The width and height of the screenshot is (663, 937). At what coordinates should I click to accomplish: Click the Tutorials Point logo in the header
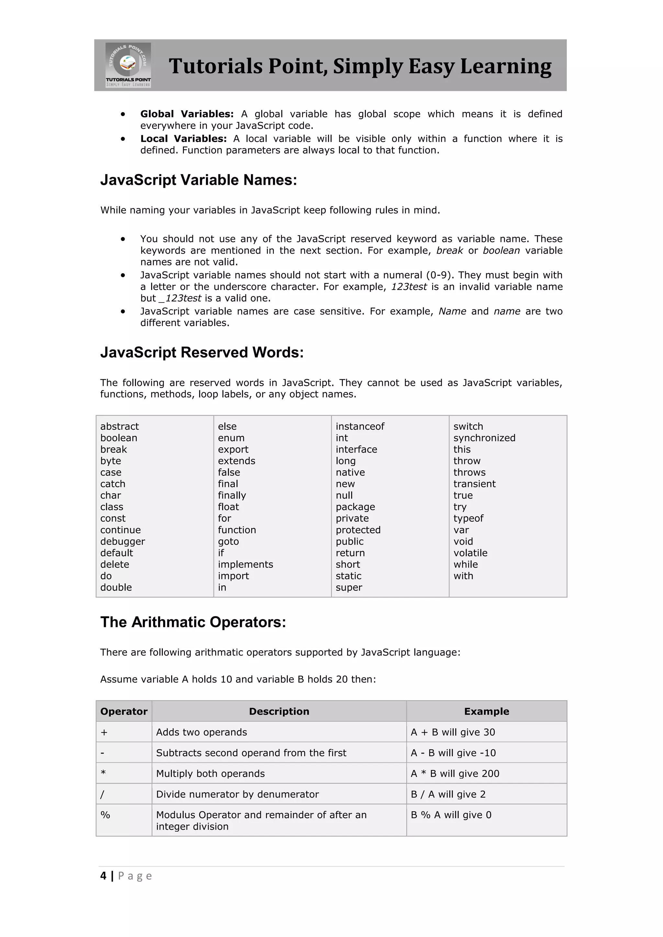128,65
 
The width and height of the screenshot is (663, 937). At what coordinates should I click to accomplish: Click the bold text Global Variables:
186,114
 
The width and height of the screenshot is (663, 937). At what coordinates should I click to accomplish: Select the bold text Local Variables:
183,139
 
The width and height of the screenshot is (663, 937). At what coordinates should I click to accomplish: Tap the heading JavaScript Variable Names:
198,180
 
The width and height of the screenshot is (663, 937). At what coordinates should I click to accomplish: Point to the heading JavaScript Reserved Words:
202,353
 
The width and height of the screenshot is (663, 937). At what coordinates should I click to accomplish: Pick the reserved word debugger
122,542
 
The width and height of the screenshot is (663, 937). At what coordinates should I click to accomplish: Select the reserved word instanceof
360,426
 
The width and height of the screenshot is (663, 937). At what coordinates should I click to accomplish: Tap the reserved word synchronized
484,438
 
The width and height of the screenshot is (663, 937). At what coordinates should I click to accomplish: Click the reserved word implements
245,564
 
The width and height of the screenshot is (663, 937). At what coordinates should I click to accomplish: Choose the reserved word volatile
470,553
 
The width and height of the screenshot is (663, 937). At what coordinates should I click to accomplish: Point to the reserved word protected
358,530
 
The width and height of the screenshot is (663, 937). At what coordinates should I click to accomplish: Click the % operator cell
105,815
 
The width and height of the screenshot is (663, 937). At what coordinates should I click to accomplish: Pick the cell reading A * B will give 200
455,774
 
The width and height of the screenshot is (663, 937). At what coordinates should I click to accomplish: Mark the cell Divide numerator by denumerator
237,795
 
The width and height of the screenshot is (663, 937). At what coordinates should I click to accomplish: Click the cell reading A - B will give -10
453,753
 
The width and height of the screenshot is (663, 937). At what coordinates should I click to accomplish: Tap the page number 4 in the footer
103,876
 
